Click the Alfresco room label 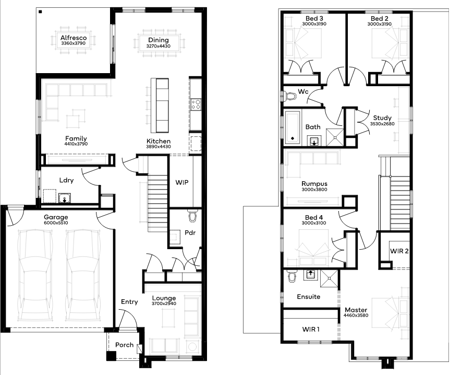click(x=74, y=38)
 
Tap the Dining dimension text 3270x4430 click(x=158, y=46)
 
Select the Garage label click(x=56, y=217)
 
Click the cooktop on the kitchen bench click(x=196, y=104)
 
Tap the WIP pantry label click(x=182, y=182)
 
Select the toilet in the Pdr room click(x=193, y=216)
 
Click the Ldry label click(x=66, y=180)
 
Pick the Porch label click(x=124, y=345)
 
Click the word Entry click(x=129, y=302)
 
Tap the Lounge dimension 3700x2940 click(x=164, y=303)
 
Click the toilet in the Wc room click(x=289, y=96)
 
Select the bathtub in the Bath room click(x=293, y=127)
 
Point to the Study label click(x=382, y=118)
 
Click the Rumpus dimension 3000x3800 click(x=314, y=190)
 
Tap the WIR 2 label click(x=399, y=251)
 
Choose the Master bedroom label click(x=356, y=310)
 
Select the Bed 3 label click(x=314, y=19)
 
